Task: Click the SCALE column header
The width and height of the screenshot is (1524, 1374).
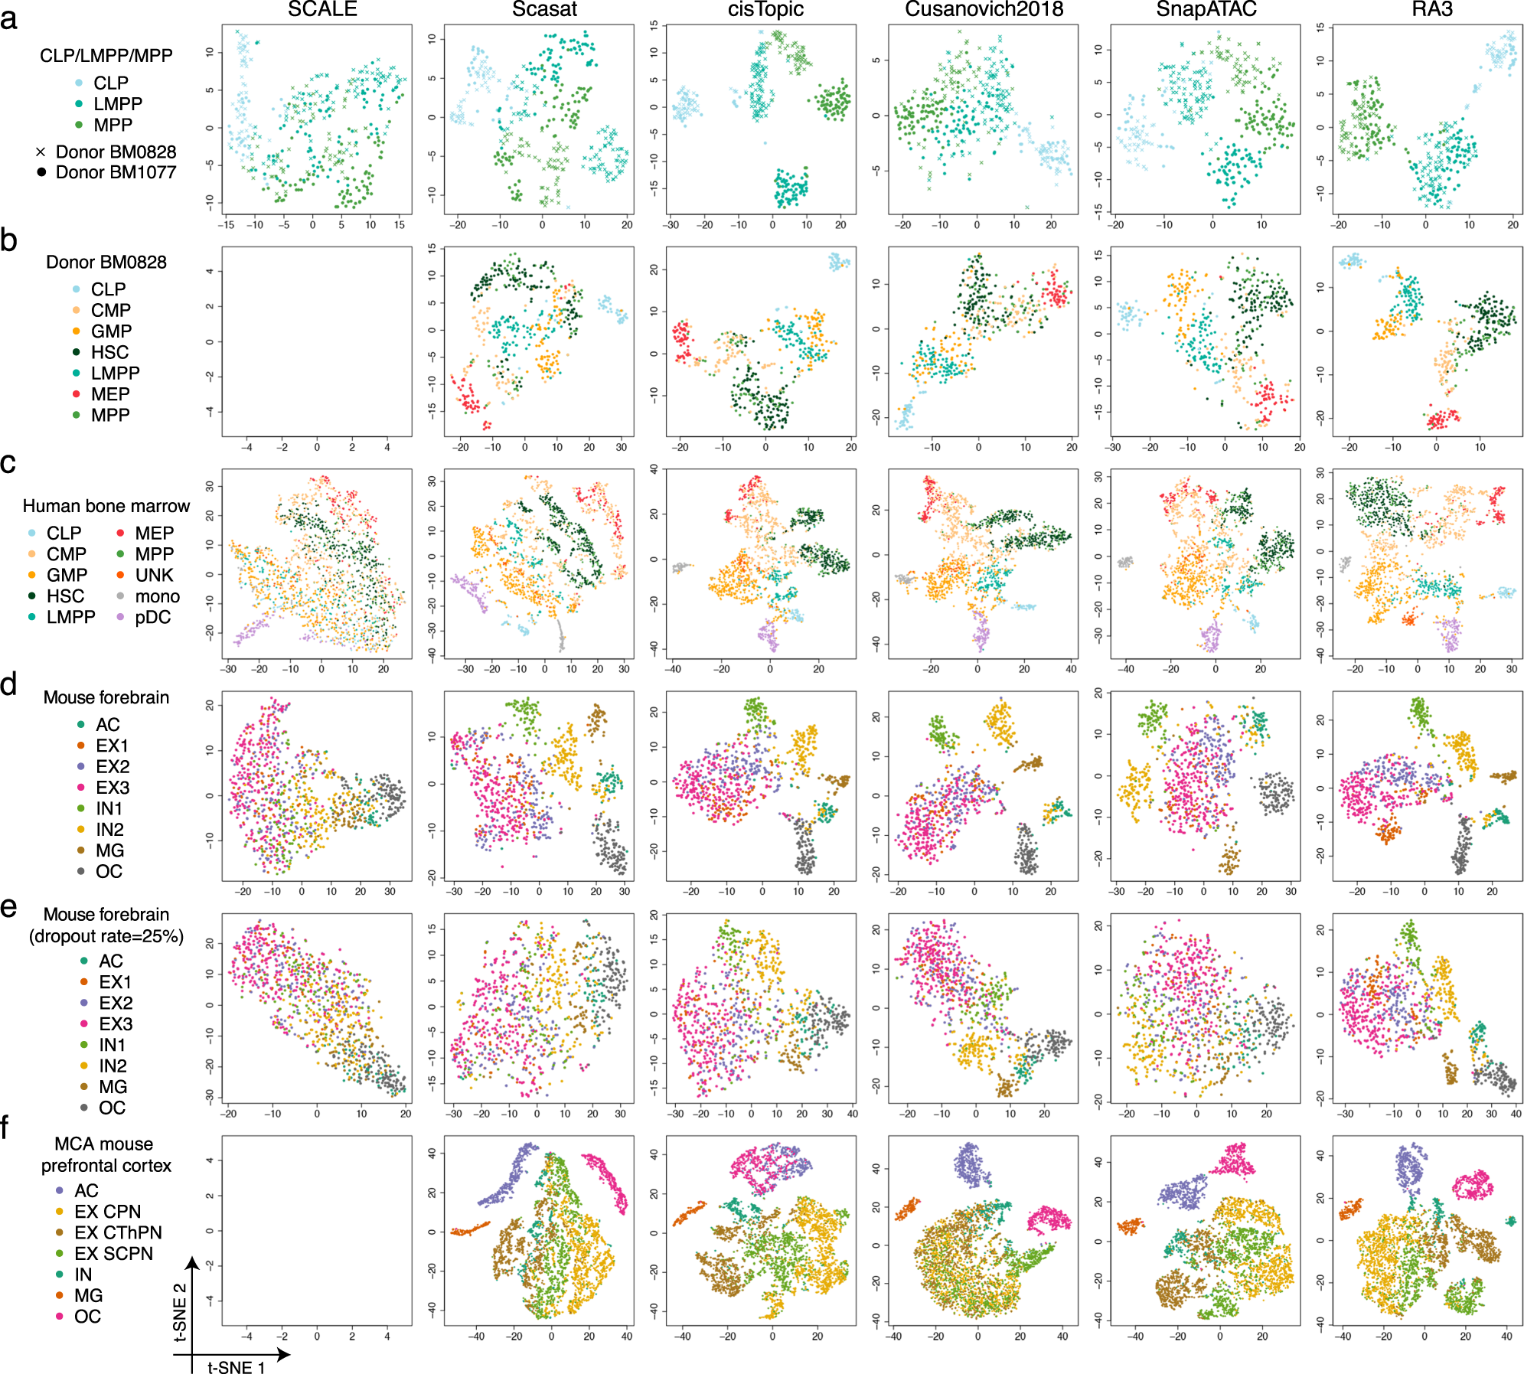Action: [x=322, y=9]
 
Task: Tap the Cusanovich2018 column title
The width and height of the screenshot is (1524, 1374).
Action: [x=984, y=9]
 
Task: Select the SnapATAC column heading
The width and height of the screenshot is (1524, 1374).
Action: [x=1206, y=9]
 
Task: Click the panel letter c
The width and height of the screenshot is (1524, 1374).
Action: [x=8, y=462]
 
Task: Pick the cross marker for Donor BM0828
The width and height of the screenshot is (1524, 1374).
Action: [x=41, y=152]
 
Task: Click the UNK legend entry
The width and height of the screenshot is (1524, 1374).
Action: [x=154, y=575]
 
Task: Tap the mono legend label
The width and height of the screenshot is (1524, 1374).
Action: [x=157, y=596]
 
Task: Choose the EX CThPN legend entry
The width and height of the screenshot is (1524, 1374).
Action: [x=118, y=1232]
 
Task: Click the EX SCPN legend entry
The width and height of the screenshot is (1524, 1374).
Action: [x=113, y=1254]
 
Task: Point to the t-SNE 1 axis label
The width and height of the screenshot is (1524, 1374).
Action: [x=237, y=1367]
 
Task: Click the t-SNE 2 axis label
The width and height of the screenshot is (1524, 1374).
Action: [x=181, y=1313]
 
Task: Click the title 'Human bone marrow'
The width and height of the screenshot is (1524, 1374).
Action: [x=106, y=506]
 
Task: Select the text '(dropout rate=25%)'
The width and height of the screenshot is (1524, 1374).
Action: [x=106, y=936]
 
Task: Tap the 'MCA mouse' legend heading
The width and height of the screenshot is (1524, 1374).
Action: [x=104, y=1144]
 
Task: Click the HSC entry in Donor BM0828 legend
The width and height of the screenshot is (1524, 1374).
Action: [x=109, y=352]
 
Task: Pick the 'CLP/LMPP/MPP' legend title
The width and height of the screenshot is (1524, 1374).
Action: [x=106, y=55]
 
